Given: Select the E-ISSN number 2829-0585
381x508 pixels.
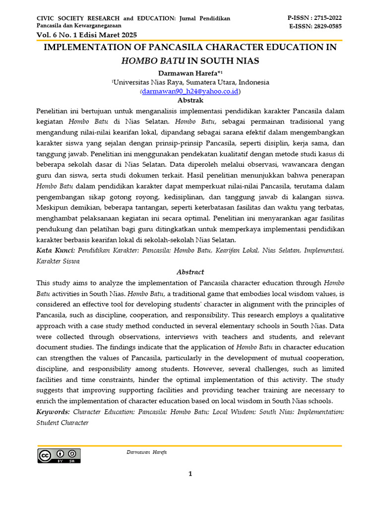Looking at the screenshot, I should pos(325,26).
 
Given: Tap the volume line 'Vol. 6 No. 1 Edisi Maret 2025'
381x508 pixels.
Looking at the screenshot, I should pos(87,35).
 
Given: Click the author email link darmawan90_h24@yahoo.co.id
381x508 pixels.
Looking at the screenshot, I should pos(190,91).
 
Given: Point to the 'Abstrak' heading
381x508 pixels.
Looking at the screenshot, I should pos(190,100).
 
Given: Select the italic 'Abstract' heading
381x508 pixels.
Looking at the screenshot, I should pos(190,272).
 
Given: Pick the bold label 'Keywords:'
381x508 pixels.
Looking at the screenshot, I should pos(53,412).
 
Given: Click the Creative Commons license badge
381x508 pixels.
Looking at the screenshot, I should pos(59,455).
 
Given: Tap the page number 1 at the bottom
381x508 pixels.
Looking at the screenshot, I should pos(190,474).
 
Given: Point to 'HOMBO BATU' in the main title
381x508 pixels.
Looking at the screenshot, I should pos(153,61).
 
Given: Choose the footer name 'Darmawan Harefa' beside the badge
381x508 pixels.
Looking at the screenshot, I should pos(147,452).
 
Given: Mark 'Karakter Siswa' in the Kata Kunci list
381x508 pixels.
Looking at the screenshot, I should pos(58,261).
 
